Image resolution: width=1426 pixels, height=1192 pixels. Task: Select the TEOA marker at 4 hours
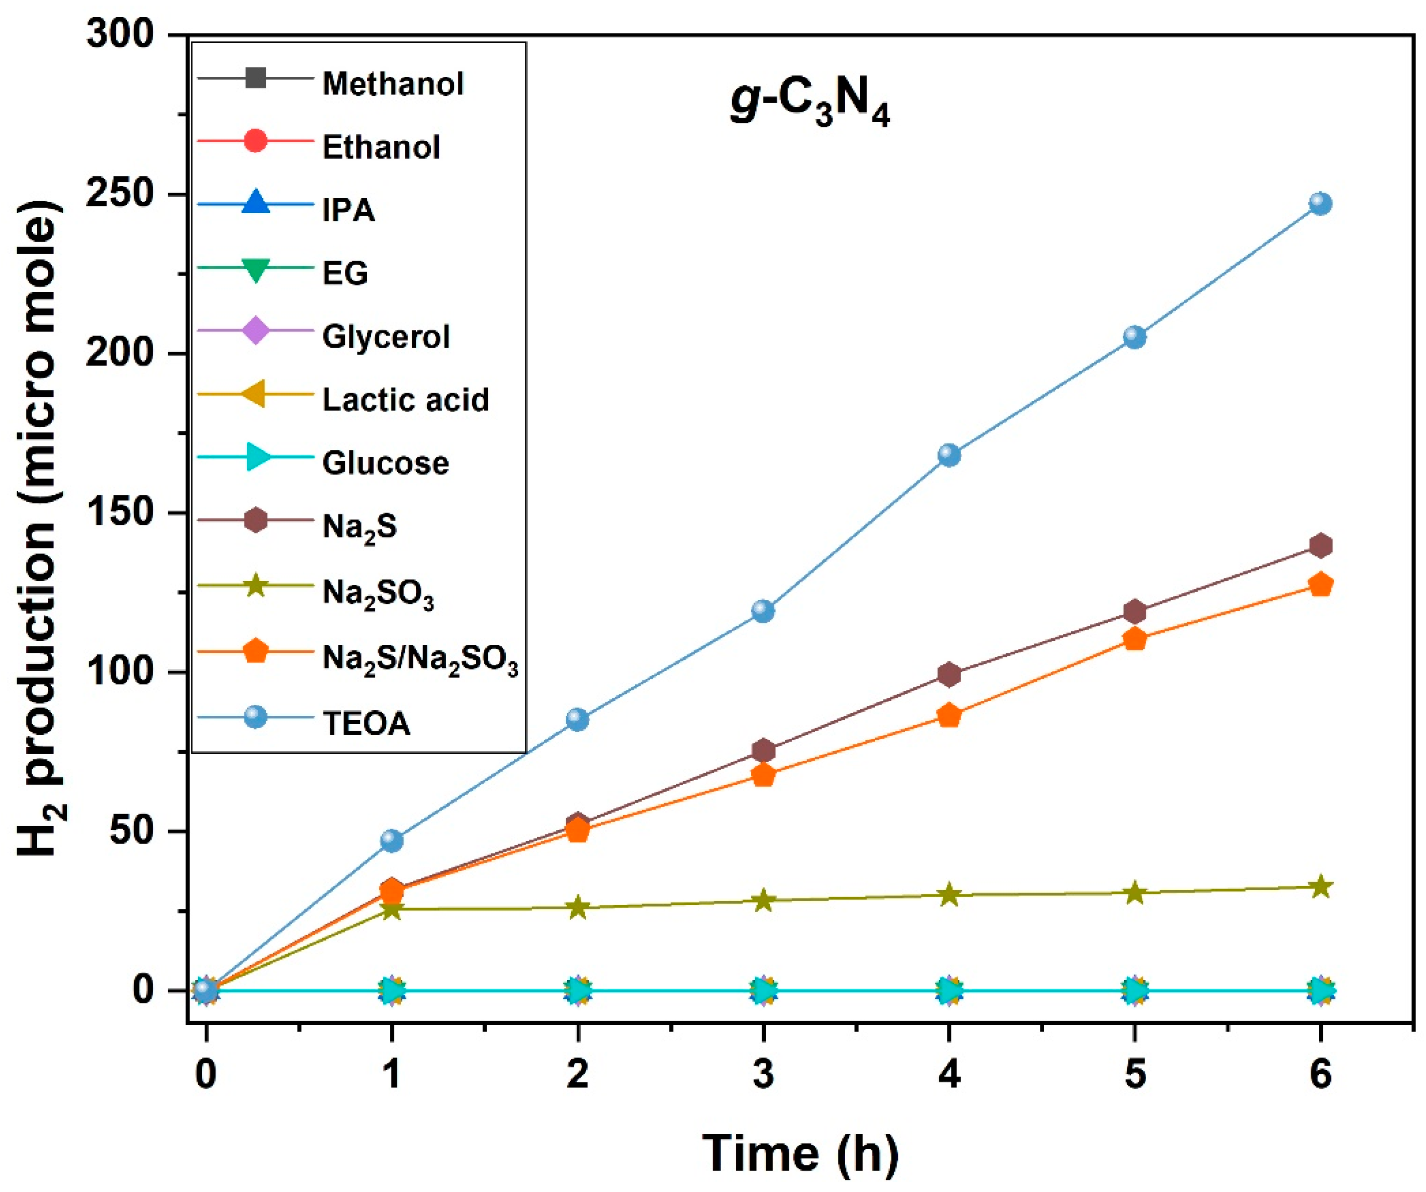[x=949, y=454]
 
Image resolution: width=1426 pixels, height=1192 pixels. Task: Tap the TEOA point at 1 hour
[x=392, y=840]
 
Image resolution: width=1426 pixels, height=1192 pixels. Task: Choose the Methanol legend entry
[x=393, y=84]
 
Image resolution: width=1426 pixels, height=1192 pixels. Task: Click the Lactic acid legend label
[x=405, y=399]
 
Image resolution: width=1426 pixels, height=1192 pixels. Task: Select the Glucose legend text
[x=385, y=463]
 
